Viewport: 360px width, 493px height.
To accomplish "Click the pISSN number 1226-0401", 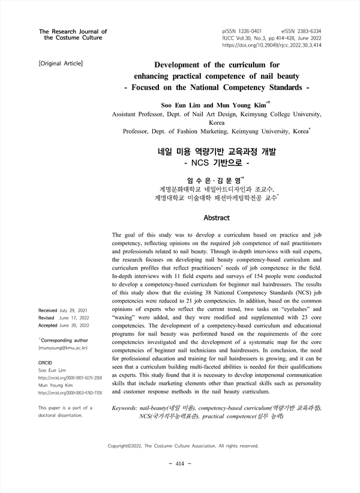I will [252, 30].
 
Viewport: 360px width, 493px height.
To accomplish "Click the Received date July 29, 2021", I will [70, 310].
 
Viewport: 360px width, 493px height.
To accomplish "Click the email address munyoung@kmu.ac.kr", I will [62, 348].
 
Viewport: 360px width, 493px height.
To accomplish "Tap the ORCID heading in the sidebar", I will [45, 363].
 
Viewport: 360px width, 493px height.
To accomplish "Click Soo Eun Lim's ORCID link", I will [70, 378].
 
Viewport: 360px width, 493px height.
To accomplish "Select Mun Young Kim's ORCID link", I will [70, 393].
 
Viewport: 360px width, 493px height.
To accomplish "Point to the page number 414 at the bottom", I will [180, 464].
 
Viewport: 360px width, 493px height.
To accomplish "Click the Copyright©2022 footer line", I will [182, 446].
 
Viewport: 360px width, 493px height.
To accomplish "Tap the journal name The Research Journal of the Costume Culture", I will [72, 34].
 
